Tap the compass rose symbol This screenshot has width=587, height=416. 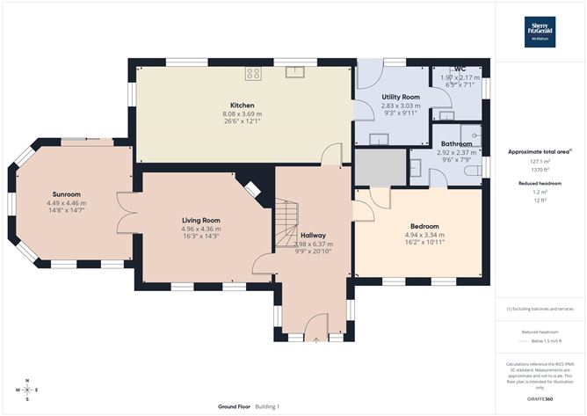click(x=27, y=389)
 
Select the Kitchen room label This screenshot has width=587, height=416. click(x=243, y=106)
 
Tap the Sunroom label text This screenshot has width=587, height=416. click(x=66, y=194)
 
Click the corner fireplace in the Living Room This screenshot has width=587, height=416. click(x=252, y=190)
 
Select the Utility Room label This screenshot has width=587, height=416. click(x=400, y=97)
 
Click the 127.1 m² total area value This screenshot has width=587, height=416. click(x=540, y=161)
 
